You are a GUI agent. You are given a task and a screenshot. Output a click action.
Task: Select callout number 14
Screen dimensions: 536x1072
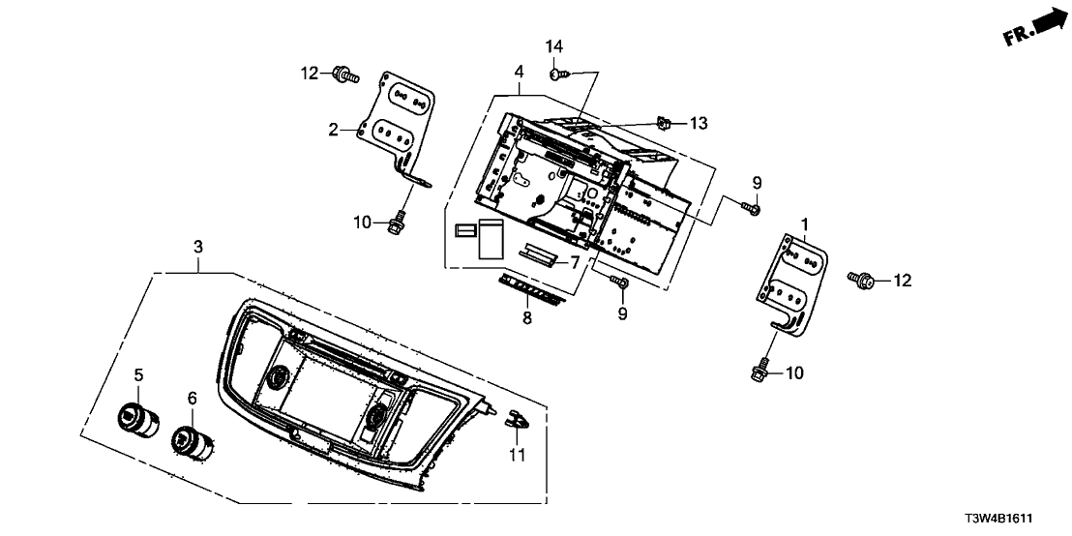(553, 46)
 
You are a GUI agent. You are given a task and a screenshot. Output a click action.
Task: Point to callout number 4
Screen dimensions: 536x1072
(519, 72)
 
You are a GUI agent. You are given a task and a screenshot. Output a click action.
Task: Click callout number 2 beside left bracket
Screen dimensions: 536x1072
(332, 130)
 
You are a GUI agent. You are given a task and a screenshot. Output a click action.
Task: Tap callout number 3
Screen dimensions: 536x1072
(197, 247)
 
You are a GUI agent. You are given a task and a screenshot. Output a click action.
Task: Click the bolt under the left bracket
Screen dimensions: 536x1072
(396, 224)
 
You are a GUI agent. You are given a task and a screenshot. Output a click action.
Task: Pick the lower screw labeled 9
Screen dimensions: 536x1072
(621, 282)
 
